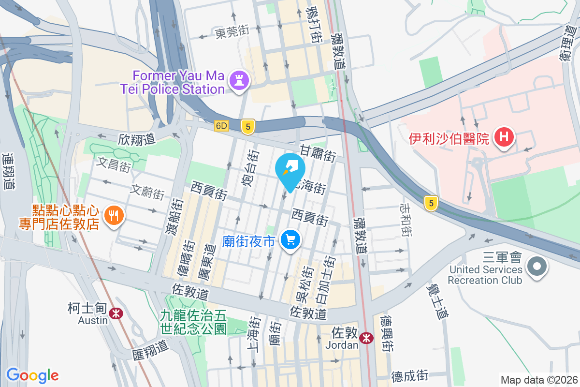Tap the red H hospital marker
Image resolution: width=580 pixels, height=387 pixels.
coord(504,137)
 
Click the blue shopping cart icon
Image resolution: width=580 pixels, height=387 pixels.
coord(290,239)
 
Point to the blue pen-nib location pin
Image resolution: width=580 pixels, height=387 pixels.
coord(290,169)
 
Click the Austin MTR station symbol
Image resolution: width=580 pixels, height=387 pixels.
coord(116,313)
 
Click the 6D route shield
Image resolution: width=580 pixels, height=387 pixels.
coord(222,126)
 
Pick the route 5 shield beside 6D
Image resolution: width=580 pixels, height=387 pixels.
coord(248,127)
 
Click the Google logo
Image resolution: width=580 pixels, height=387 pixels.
coord(32,375)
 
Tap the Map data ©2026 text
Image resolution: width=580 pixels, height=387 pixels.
coord(538,380)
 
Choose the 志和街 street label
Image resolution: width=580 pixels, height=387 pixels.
coord(406,219)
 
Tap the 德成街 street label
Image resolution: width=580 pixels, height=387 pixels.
coord(410,375)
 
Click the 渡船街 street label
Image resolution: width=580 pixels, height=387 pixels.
coord(174,217)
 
